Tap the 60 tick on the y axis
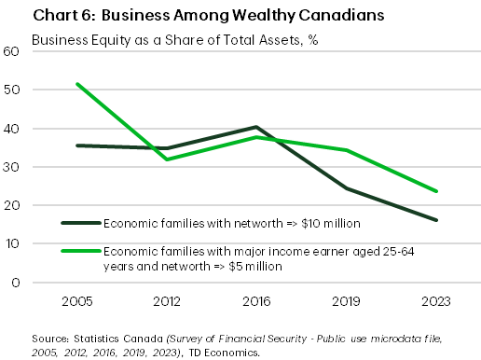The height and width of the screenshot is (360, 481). pyautogui.click(x=12, y=51)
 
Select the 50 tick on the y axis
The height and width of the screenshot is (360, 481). pyautogui.click(x=12, y=90)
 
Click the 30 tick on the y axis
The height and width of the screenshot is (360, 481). pyautogui.click(x=12, y=167)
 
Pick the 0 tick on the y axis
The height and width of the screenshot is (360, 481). pyautogui.click(x=16, y=282)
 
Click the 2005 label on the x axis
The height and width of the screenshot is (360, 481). pyautogui.click(x=76, y=301)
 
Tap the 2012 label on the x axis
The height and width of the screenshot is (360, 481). pyautogui.click(x=166, y=301)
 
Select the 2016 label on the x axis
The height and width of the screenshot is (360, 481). pyautogui.click(x=255, y=301)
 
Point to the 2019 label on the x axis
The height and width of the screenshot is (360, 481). pyautogui.click(x=346, y=301)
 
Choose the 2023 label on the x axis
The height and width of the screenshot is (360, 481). pyautogui.click(x=435, y=301)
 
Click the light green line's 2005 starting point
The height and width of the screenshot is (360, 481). pyautogui.click(x=76, y=84)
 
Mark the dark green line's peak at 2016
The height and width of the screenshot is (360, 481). pyautogui.click(x=255, y=127)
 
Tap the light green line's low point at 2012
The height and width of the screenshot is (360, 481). pyautogui.click(x=166, y=159)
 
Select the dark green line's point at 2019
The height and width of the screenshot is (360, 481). pyautogui.click(x=346, y=188)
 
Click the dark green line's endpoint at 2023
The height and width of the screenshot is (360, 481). pyautogui.click(x=435, y=220)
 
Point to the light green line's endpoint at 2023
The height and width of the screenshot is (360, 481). pyautogui.click(x=435, y=191)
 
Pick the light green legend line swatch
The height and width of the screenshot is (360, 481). pyautogui.click(x=81, y=249)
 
